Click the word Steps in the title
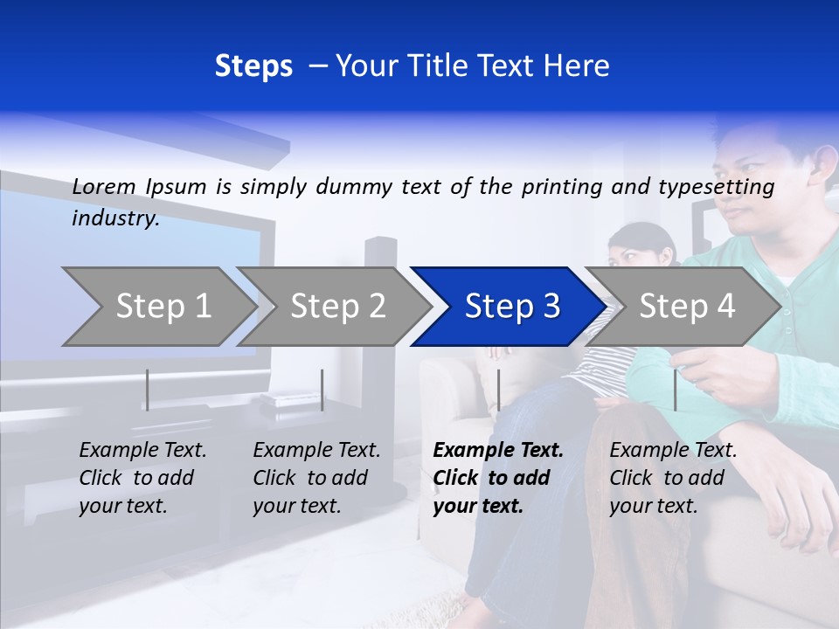[253, 66]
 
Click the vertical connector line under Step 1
[148, 390]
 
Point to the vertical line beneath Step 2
[322, 390]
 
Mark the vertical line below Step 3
[498, 390]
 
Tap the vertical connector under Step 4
[675, 390]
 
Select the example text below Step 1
[142, 478]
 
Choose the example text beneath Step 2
[316, 478]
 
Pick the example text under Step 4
[673, 478]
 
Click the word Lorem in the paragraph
[104, 186]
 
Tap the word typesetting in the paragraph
[723, 187]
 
